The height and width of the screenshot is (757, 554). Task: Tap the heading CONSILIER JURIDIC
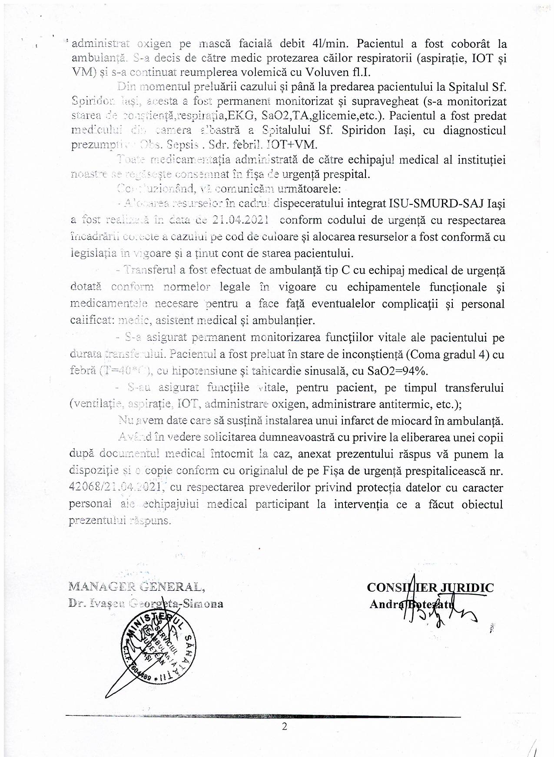[430, 588]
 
